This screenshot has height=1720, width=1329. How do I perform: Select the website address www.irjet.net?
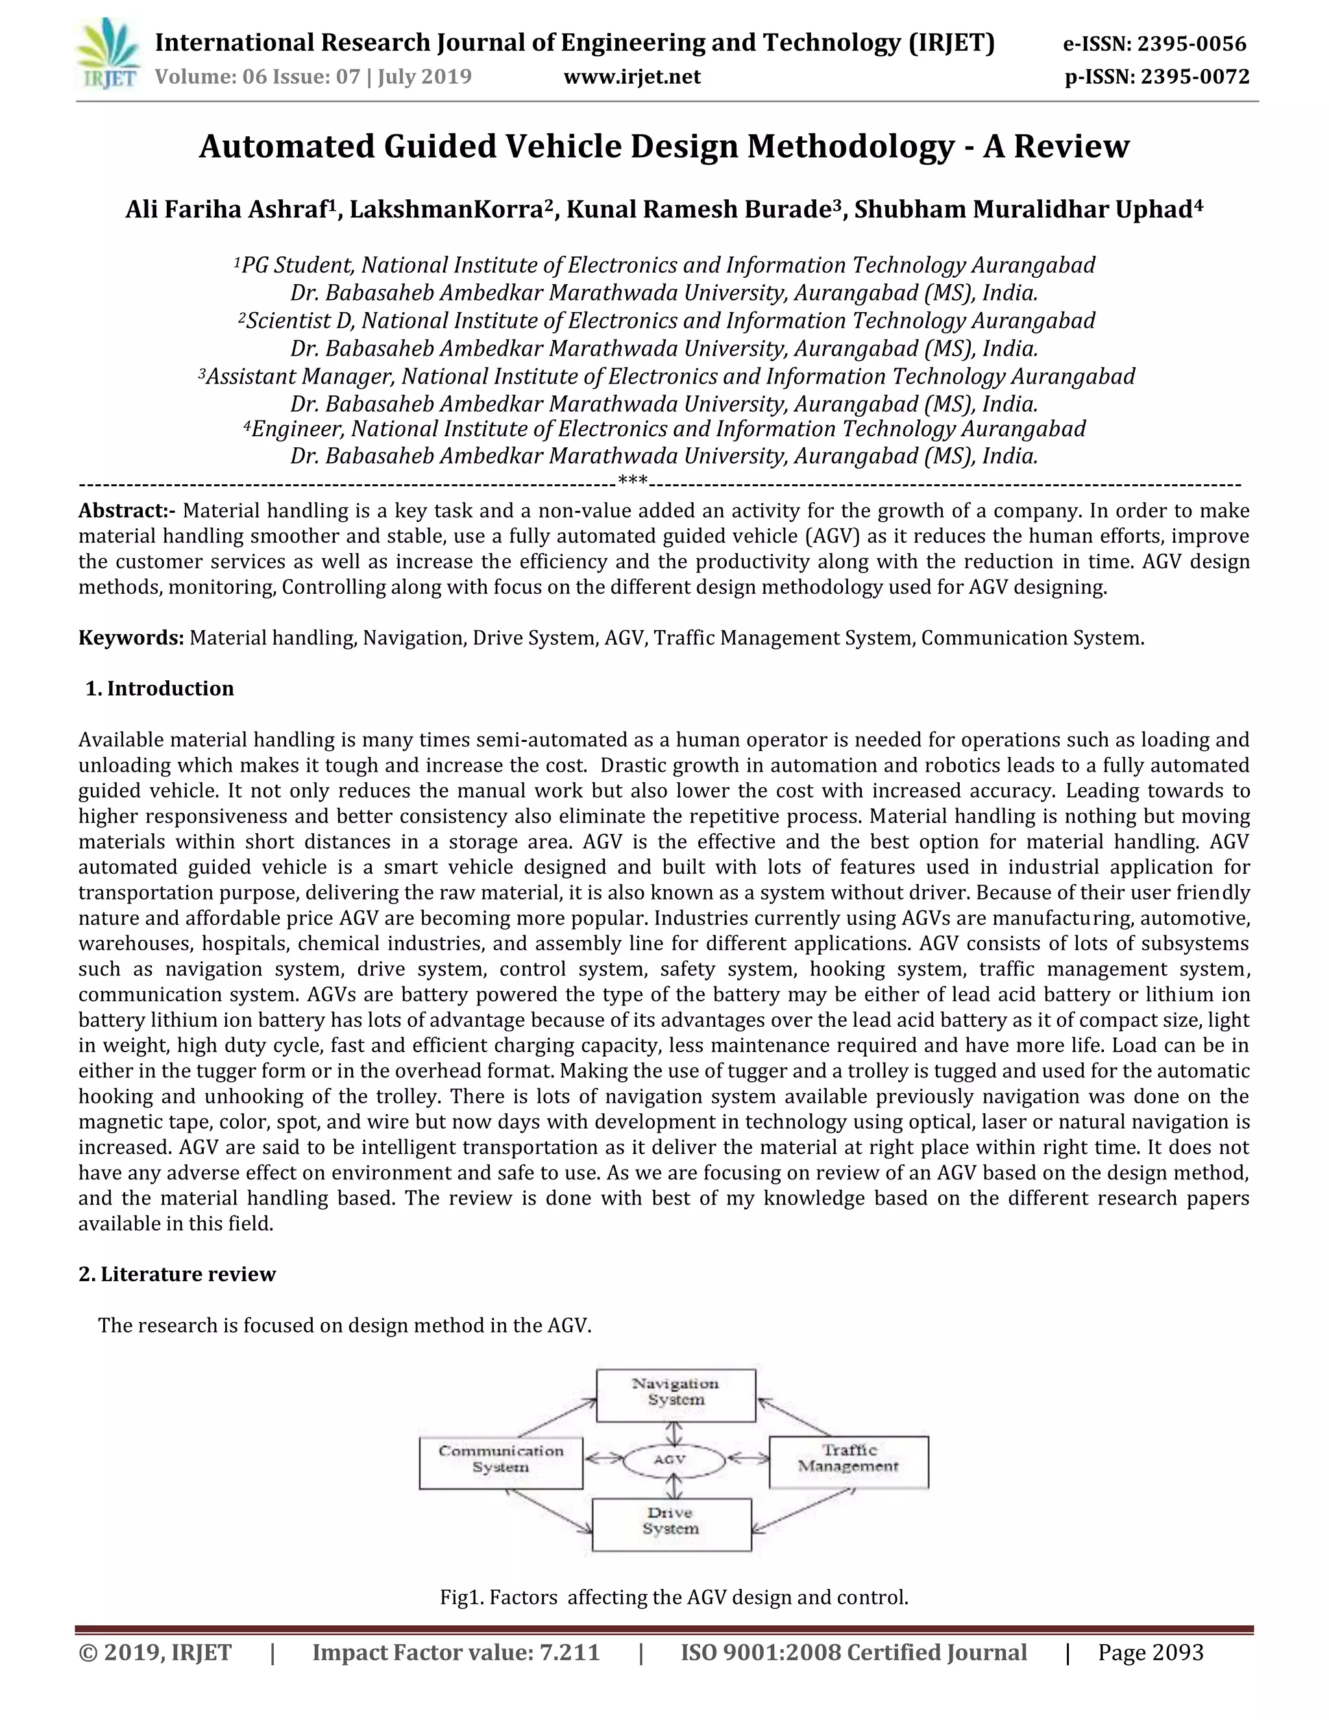[x=632, y=77]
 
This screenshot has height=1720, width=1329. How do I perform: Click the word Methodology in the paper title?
[x=850, y=147]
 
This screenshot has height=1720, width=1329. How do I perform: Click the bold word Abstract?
[x=126, y=511]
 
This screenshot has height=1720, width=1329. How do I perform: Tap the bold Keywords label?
[x=130, y=638]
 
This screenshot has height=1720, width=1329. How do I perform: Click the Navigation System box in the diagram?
[x=676, y=1395]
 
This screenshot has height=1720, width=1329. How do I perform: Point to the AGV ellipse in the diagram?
[x=673, y=1458]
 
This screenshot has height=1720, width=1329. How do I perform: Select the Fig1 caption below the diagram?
[x=674, y=1598]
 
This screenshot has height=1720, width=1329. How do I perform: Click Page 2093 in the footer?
[x=1151, y=1652]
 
